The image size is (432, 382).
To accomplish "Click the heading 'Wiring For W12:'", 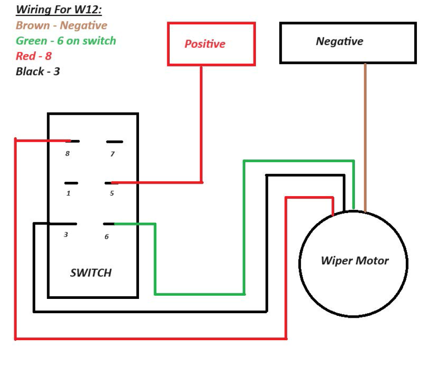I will (x=59, y=10).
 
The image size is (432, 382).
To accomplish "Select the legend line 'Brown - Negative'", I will (x=61, y=25).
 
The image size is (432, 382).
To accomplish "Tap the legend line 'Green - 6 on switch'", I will (x=66, y=41).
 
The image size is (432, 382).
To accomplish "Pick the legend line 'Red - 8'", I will (x=33, y=56).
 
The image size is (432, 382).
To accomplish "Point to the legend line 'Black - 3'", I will (x=38, y=72).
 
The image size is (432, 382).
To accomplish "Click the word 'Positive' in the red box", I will (x=205, y=44).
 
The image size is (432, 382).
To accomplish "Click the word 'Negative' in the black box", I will (x=339, y=41).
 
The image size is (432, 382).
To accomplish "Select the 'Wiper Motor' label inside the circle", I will (x=354, y=261).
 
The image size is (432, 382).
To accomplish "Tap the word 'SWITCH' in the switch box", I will (x=91, y=273).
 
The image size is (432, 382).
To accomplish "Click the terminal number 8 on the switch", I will (x=67, y=154).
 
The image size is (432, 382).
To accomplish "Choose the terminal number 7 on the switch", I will (x=112, y=154).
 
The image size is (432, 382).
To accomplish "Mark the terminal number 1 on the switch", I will (x=68, y=193).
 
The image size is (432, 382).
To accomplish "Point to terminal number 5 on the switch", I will (x=111, y=193).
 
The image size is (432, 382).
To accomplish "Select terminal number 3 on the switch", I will (x=66, y=235).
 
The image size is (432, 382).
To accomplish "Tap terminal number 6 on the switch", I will (x=106, y=237).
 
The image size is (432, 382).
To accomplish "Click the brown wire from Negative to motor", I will (x=365, y=138).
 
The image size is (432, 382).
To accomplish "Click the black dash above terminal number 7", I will (x=115, y=142).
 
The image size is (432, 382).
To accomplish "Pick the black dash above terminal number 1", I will (x=71, y=183).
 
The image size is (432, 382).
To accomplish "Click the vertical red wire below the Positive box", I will (x=201, y=124).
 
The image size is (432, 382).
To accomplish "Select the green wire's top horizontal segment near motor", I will (x=298, y=161).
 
